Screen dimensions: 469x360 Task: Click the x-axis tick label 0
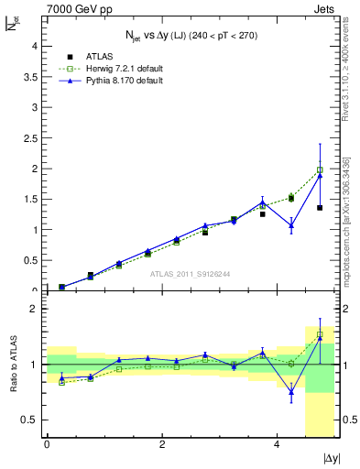pyautogui.click(x=47, y=444)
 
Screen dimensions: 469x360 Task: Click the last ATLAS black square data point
pyautogui.click(x=320, y=208)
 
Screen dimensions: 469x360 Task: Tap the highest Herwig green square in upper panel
pyautogui.click(x=320, y=169)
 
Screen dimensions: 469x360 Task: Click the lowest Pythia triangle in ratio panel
pyautogui.click(x=291, y=391)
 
